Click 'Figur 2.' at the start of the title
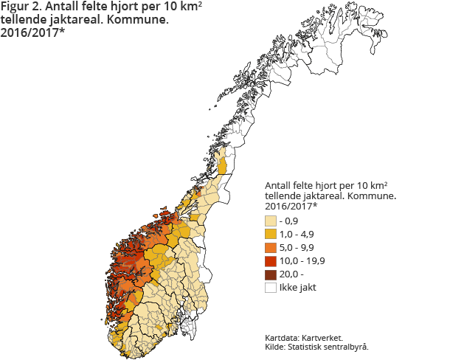click(x=23, y=7)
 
